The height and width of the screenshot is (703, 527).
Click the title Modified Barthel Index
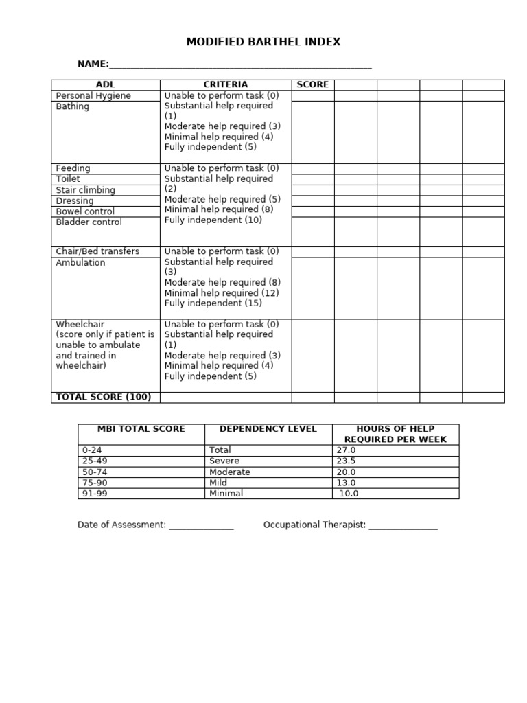click(263, 42)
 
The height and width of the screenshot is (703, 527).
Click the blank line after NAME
click(240, 65)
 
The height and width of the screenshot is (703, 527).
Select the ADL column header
click(106, 84)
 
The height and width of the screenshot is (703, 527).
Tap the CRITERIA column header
click(225, 84)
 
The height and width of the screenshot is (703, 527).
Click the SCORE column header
click(312, 84)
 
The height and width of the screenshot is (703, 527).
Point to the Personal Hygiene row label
click(93, 95)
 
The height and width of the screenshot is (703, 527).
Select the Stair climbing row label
click(85, 190)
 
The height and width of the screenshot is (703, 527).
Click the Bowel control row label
click(85, 211)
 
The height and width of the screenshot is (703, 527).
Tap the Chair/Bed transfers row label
click(97, 251)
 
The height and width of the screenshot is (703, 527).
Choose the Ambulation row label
click(80, 262)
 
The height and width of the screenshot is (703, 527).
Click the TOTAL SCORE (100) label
click(104, 397)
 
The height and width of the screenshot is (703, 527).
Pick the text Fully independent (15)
click(213, 303)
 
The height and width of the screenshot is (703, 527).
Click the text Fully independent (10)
click(213, 220)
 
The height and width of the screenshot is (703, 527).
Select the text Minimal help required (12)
click(222, 292)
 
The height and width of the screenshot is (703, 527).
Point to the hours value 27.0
click(346, 450)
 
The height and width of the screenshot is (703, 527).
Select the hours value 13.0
click(346, 483)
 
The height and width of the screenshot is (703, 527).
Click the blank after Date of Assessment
click(201, 526)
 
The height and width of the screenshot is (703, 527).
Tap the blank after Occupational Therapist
click(403, 526)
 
